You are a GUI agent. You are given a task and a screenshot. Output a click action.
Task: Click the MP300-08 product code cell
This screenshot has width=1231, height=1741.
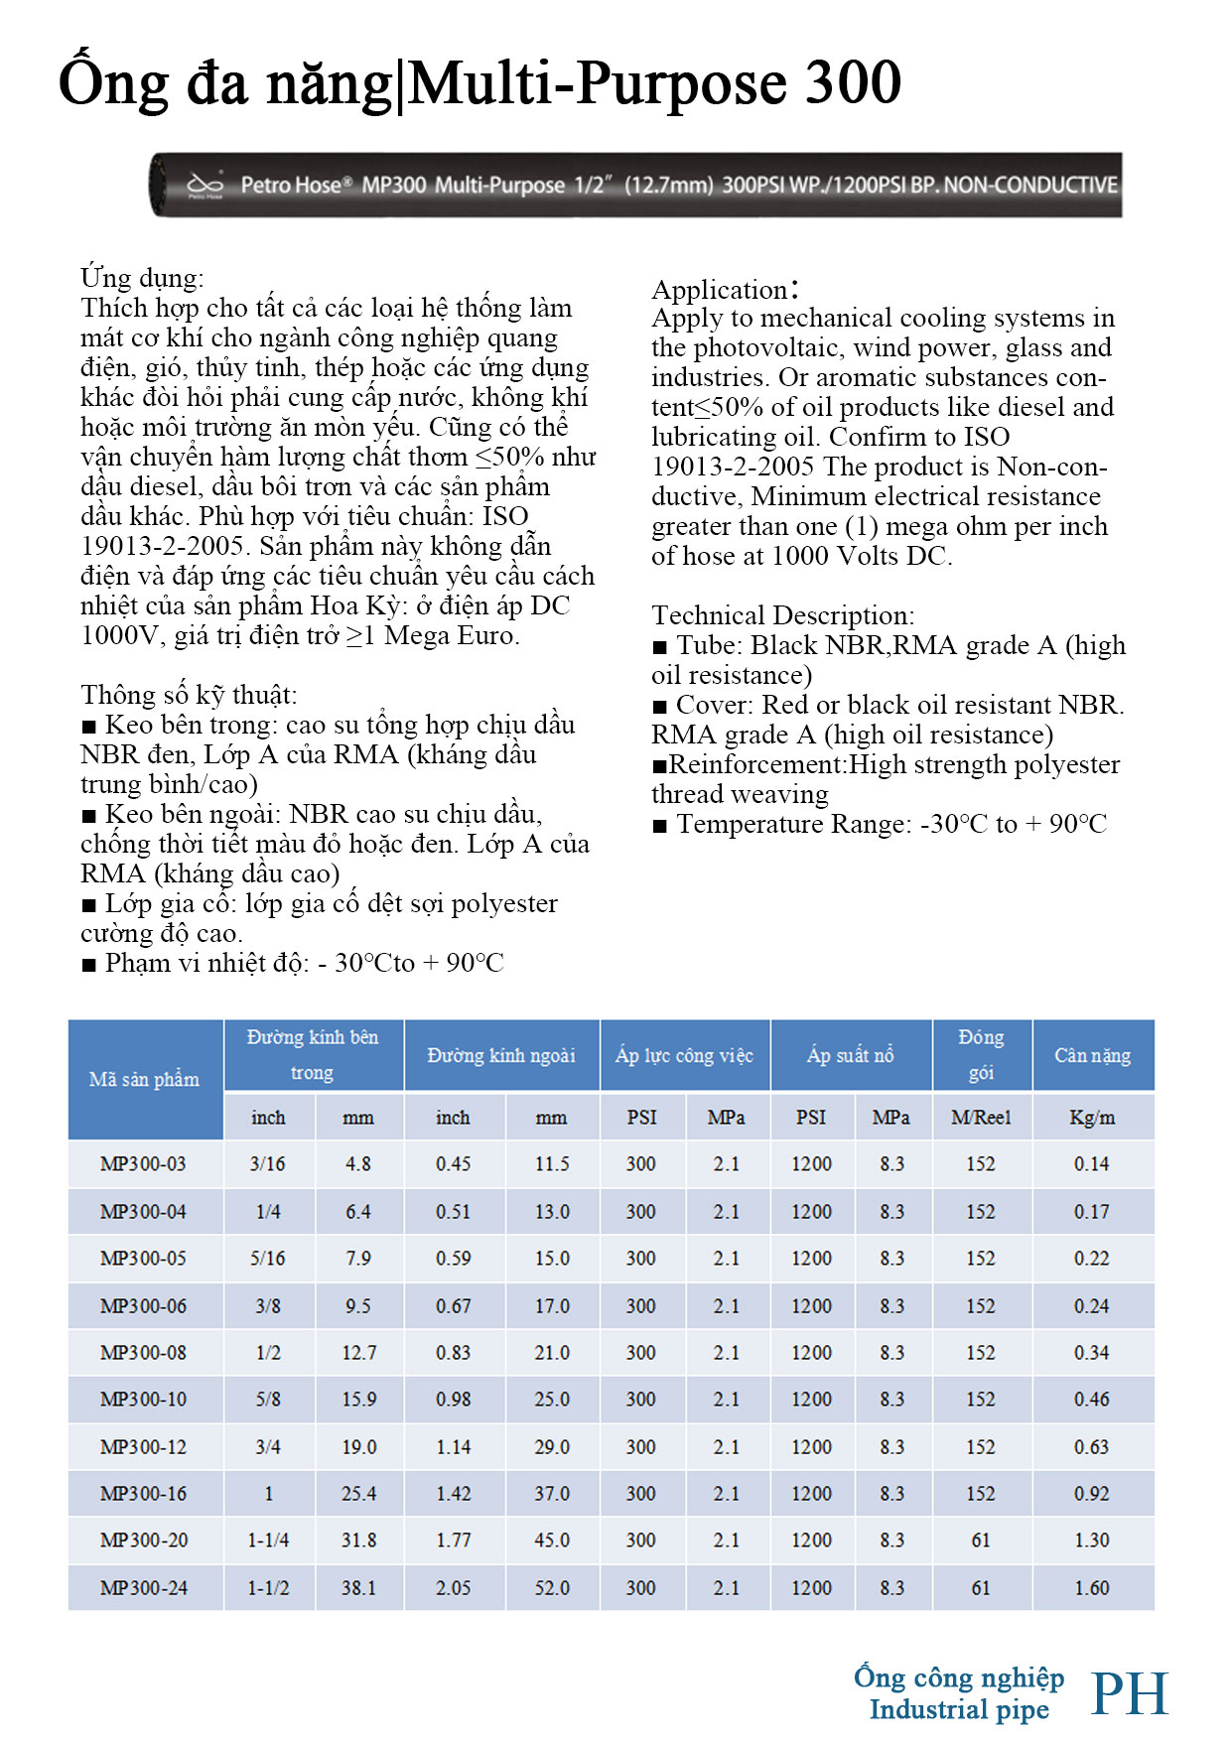[143, 1352]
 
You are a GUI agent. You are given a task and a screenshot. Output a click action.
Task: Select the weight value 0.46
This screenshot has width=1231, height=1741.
[1091, 1399]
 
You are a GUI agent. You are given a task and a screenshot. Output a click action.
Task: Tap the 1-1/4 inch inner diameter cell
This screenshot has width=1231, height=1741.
[268, 1540]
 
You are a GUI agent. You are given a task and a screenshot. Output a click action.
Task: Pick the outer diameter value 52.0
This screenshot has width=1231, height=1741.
[552, 1587]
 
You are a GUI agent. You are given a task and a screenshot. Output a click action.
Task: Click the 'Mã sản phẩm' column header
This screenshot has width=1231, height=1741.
[144, 1079]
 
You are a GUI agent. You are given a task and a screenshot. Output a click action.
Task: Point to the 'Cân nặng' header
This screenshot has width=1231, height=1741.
[1092, 1055]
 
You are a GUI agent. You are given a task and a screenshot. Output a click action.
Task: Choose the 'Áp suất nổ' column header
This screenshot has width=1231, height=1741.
[850, 1055]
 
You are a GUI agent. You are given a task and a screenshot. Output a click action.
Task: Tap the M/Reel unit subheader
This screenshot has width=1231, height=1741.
[981, 1117]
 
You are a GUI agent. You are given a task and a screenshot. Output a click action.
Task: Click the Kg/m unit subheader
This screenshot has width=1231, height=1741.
[1092, 1117]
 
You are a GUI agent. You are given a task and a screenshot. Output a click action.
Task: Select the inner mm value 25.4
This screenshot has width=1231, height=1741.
[358, 1493]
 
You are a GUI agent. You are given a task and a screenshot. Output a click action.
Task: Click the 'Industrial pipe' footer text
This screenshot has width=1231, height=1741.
[959, 1709]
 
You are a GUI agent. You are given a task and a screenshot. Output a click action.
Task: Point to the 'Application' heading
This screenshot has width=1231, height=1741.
[724, 290]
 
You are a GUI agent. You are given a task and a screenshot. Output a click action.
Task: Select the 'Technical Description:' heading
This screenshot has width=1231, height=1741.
[782, 615]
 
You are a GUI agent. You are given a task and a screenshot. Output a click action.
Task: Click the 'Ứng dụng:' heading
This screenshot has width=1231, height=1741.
[142, 278]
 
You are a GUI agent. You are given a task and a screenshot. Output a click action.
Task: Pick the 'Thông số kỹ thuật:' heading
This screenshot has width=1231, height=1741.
[189, 695]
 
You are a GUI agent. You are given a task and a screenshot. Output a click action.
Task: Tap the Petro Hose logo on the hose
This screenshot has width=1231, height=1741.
[205, 185]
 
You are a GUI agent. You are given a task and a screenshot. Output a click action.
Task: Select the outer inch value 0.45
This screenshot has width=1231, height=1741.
[453, 1163]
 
